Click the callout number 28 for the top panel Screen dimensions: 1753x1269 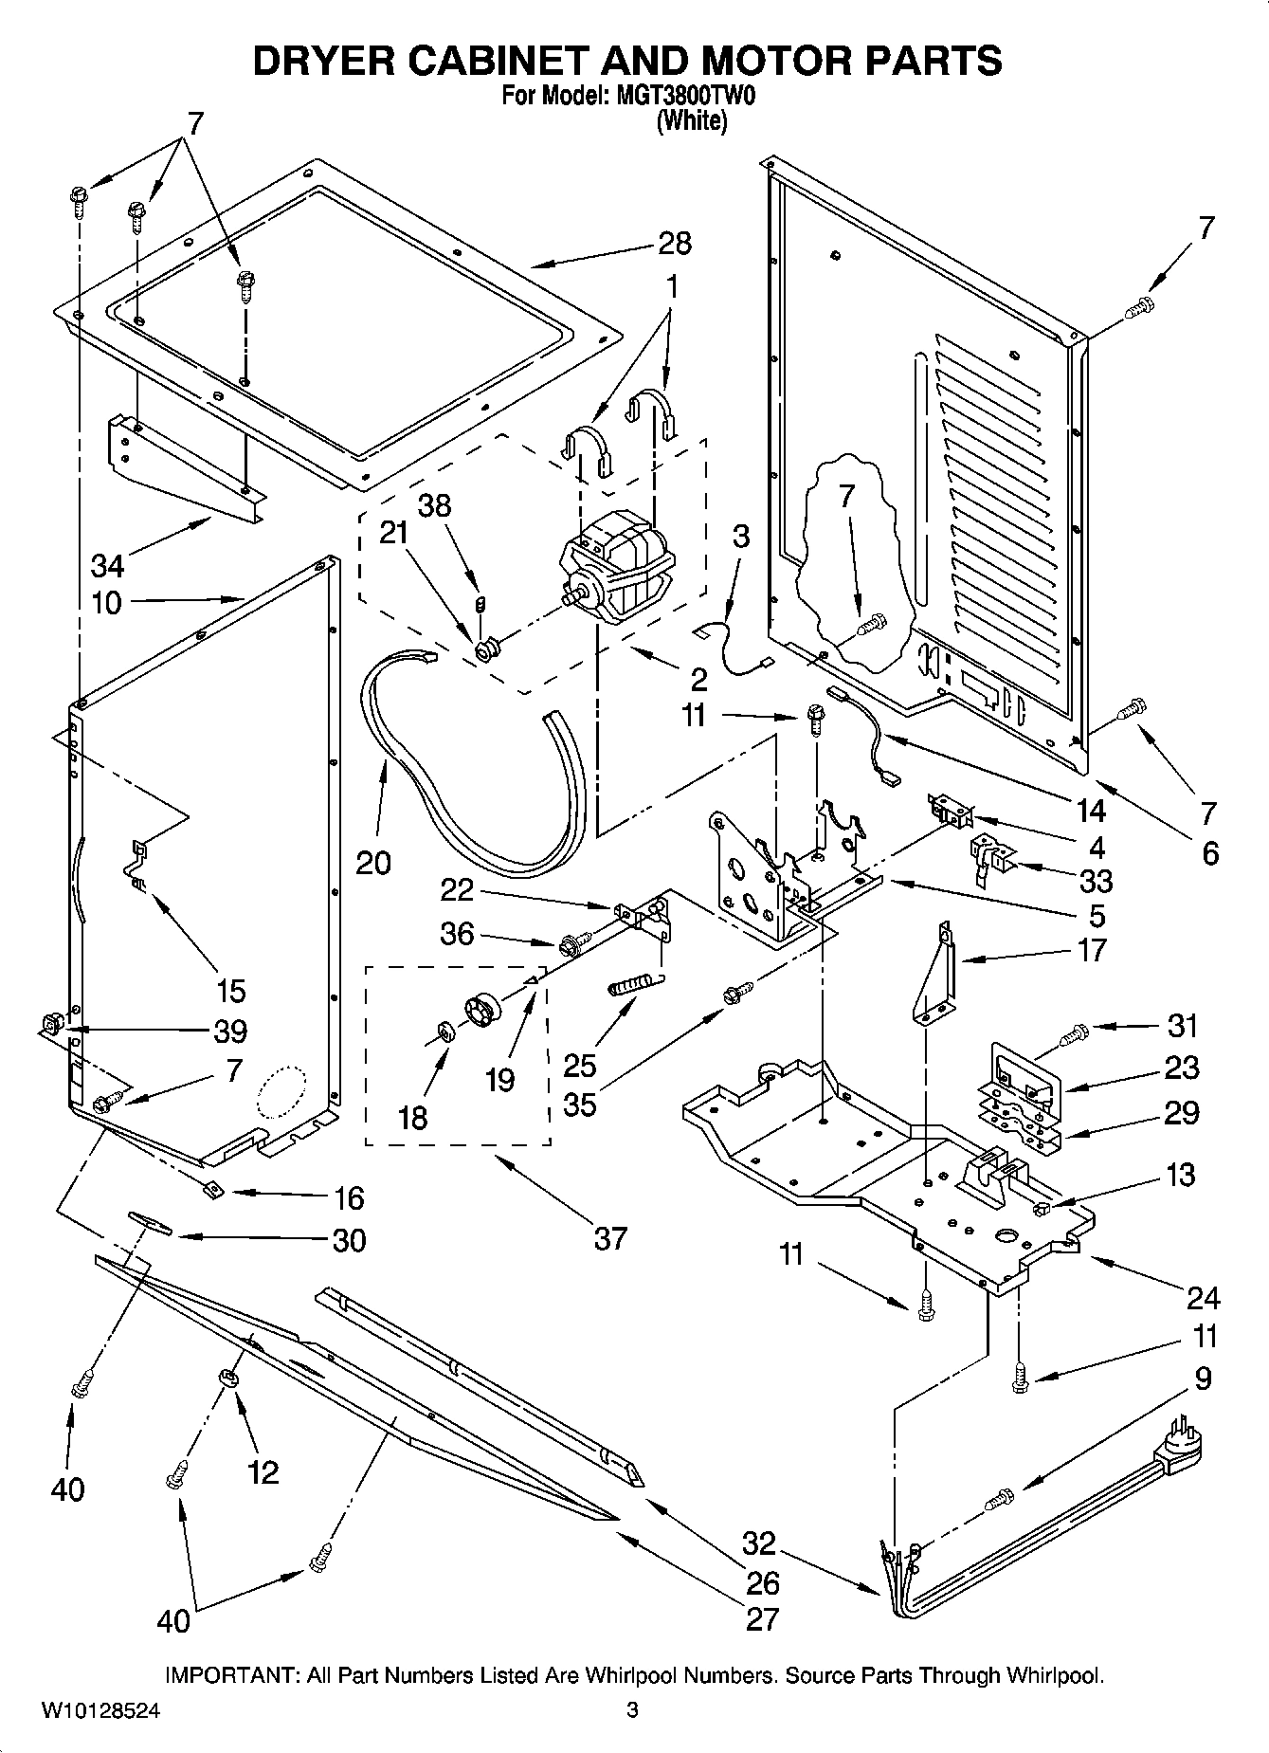pos(675,244)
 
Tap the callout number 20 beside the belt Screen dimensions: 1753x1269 pos(373,862)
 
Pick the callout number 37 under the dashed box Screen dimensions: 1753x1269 pos(610,1237)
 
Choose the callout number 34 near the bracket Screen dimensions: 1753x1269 pos(107,566)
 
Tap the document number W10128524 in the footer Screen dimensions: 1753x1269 pos(100,1711)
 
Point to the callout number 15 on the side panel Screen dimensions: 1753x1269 pos(230,991)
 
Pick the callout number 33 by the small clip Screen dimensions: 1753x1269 pos(1097,881)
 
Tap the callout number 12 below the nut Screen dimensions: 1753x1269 pos(263,1471)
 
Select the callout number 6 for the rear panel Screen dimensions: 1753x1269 pos(1210,853)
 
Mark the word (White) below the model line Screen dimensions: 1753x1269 pos(693,120)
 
